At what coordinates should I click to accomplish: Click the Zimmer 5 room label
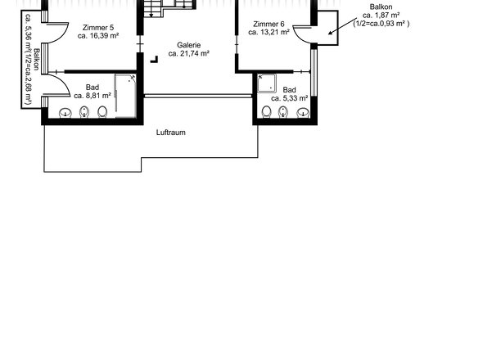98,28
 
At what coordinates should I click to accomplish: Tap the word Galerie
189,45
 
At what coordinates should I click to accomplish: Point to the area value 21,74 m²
194,53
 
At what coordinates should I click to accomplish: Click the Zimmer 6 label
269,24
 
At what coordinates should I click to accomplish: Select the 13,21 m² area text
273,32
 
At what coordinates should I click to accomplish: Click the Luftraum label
171,133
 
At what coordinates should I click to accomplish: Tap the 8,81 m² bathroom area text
97,96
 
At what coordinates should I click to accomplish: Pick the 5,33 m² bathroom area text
294,98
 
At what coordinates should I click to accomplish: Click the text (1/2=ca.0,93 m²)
381,24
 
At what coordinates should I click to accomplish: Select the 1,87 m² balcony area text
386,15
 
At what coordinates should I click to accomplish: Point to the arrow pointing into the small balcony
342,26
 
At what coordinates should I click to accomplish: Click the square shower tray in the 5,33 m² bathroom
267,83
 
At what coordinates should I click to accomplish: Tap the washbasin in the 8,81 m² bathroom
65,112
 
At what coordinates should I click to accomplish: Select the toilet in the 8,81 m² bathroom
102,112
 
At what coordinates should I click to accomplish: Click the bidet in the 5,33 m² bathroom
283,112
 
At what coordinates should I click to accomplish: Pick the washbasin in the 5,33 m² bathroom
303,113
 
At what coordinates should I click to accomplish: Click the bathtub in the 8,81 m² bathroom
126,96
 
